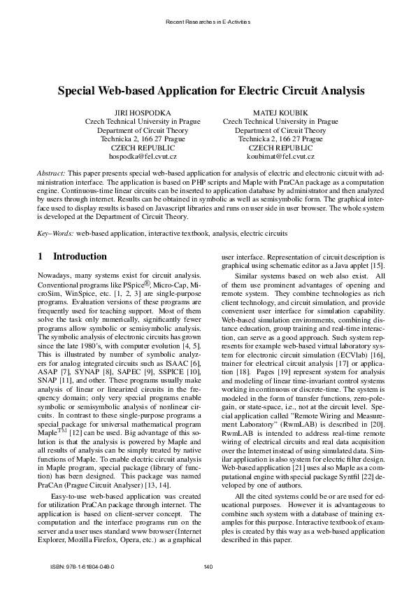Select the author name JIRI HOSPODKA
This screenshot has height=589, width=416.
click(x=142, y=112)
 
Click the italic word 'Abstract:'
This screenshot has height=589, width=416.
click(x=51, y=171)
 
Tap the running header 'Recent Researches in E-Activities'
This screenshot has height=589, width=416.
click(x=208, y=23)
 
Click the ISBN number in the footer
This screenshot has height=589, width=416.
click(x=83, y=566)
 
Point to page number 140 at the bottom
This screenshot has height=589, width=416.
click(x=208, y=566)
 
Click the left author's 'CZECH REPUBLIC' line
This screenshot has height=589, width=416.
click(x=142, y=148)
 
